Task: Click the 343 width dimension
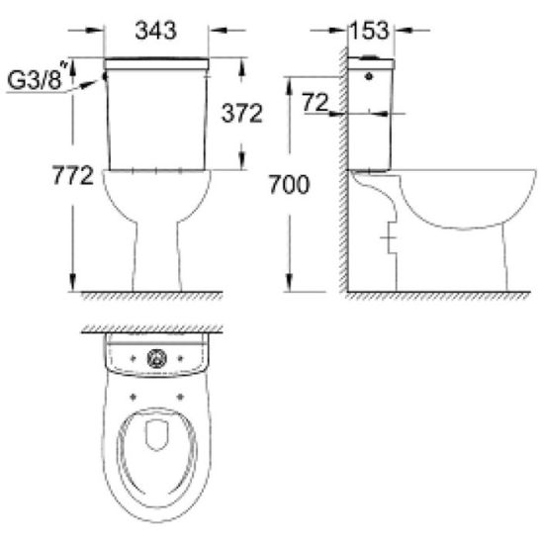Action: click(155, 31)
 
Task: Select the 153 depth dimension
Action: click(370, 31)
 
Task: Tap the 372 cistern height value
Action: click(242, 113)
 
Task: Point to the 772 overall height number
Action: click(73, 175)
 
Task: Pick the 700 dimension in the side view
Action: click(290, 184)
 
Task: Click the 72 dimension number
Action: click(315, 102)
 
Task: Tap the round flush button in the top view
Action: click(156, 358)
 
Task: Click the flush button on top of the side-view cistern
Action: click(370, 56)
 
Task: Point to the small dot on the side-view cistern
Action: click(369, 76)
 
